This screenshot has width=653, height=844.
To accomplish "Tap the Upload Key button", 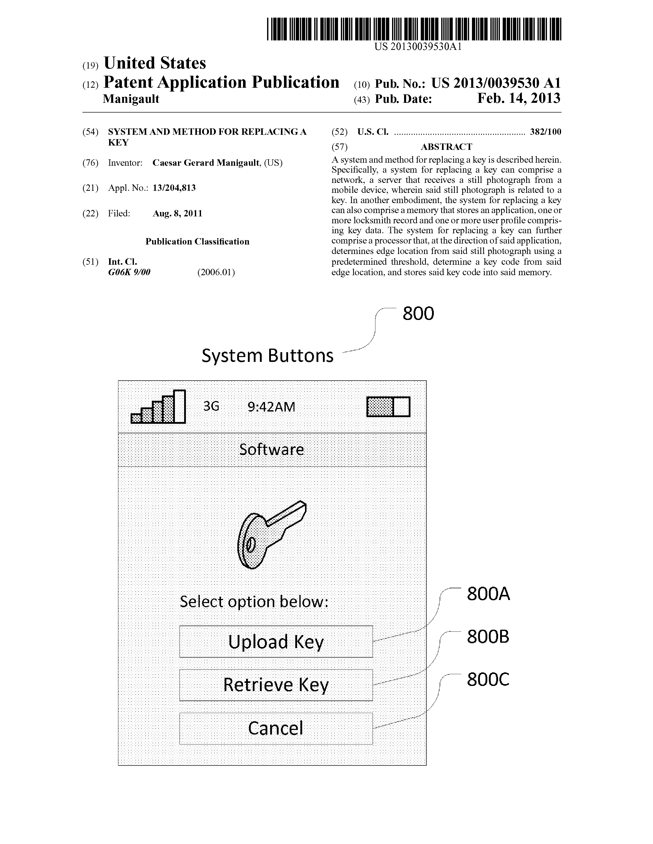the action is pos(276,641).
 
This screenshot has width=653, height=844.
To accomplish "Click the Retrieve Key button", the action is pos(276,685).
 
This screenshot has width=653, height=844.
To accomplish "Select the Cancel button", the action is pos(276,728).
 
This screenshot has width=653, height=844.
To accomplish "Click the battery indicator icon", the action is pos(388,407).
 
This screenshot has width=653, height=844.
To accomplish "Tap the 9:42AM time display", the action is pos(271,407).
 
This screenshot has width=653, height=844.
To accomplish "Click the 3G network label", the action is pos(211,406).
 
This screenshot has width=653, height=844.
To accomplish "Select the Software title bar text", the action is pos(271,449).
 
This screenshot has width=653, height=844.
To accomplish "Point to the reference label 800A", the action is pos(488,594).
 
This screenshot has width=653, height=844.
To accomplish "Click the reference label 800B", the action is pos(488,637).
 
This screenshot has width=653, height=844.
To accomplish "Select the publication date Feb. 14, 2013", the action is pos(519,98).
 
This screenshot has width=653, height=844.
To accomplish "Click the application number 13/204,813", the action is pos(174,188).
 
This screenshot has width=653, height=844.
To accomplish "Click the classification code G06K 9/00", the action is pos(129,272).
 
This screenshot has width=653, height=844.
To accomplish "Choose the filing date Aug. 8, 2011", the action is pos(177,213).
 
